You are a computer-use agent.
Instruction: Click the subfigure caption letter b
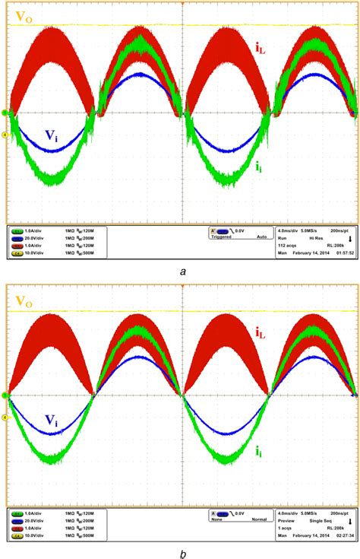(179, 552)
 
